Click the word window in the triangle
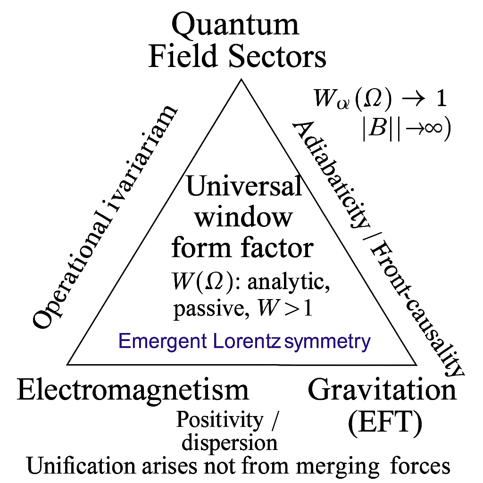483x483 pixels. pos(243,217)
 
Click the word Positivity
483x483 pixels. pos(220,420)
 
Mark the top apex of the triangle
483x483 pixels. pos(241,79)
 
